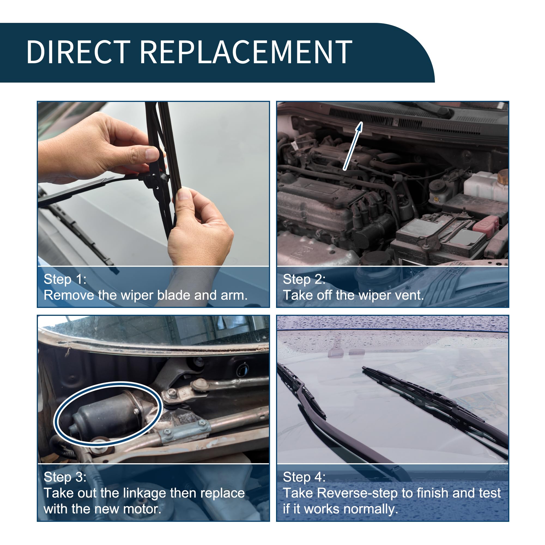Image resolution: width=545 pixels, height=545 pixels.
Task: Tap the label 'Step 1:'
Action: (65, 279)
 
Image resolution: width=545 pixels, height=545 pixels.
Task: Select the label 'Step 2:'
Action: (304, 279)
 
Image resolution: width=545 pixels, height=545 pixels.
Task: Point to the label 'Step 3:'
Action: (65, 477)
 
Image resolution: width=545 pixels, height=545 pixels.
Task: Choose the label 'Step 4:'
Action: (304, 477)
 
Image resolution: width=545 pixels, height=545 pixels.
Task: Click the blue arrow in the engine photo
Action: (353, 146)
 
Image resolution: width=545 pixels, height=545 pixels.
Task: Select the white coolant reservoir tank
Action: (485, 186)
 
